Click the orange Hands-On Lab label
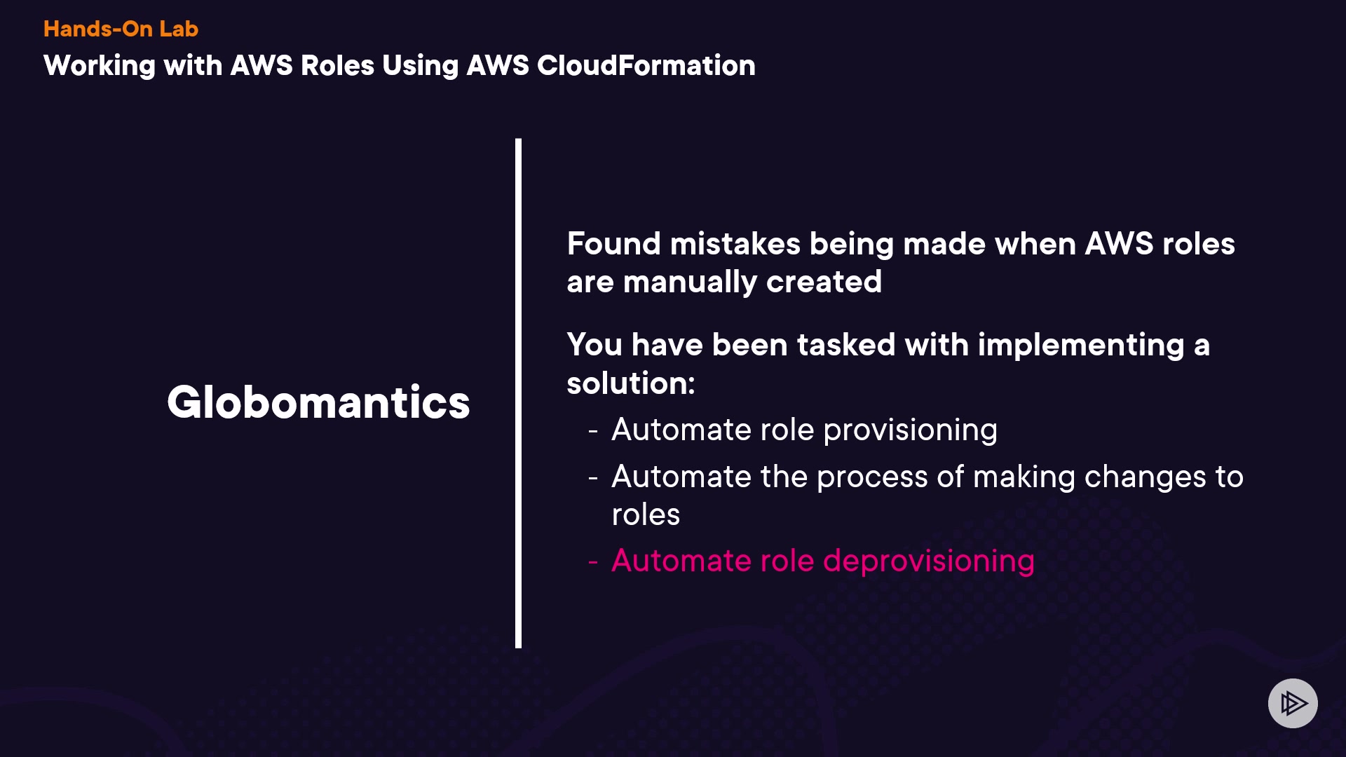tap(121, 29)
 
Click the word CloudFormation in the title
tap(646, 65)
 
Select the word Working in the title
tap(99, 66)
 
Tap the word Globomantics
tap(318, 402)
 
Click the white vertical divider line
tap(518, 393)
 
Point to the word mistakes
tap(735, 244)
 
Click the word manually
tap(690, 282)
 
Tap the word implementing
tap(1080, 346)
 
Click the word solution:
tap(630, 383)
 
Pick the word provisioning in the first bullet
tap(910, 430)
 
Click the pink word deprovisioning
tap(928, 561)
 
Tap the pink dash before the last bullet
tap(593, 561)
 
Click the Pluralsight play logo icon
tap(1293, 703)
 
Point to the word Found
tap(613, 244)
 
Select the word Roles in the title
tap(337, 65)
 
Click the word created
tap(824, 282)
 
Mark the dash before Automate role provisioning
tap(593, 430)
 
